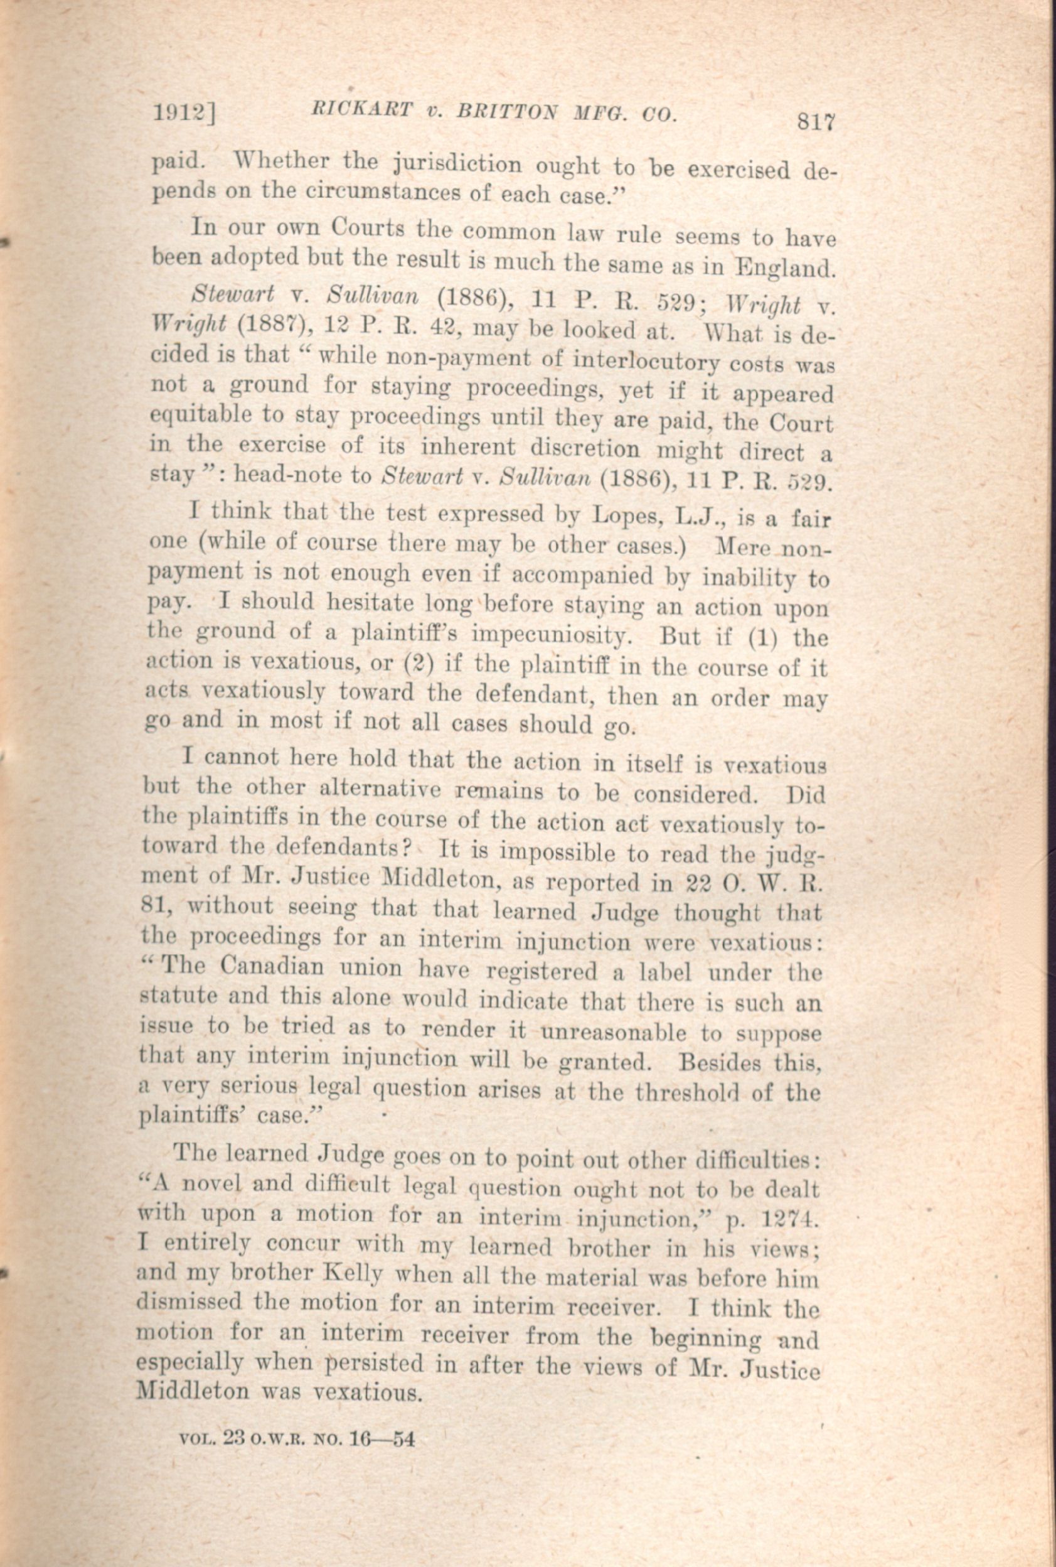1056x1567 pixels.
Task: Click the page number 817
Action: click(x=816, y=122)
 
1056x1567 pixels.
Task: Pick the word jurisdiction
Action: click(x=457, y=164)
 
